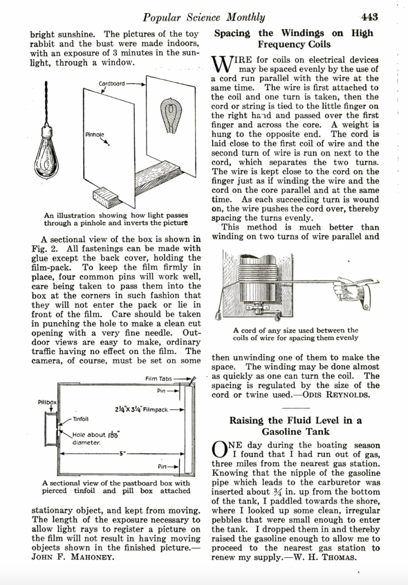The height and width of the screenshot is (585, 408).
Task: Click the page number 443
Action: click(369, 17)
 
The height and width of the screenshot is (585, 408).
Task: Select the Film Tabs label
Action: click(159, 378)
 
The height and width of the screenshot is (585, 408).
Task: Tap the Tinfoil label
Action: click(78, 419)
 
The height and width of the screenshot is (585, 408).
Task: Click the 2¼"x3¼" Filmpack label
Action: click(141, 409)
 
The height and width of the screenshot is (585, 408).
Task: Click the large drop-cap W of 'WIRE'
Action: click(219, 64)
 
